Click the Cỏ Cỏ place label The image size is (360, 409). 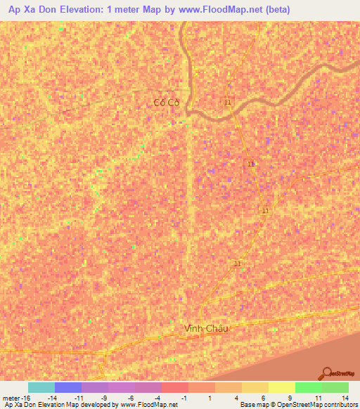point(167,103)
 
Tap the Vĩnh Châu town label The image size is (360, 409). point(206,328)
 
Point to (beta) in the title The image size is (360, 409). point(274,10)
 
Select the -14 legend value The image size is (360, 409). point(51,398)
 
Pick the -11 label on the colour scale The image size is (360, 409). point(78,398)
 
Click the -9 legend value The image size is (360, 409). point(105,398)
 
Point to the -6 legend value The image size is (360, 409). point(131,398)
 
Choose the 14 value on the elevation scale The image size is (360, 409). point(345,398)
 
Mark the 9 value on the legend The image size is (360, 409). point(291,398)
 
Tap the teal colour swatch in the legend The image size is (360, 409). point(41,387)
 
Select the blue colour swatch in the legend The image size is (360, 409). point(68,387)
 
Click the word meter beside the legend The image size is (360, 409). point(10,398)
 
